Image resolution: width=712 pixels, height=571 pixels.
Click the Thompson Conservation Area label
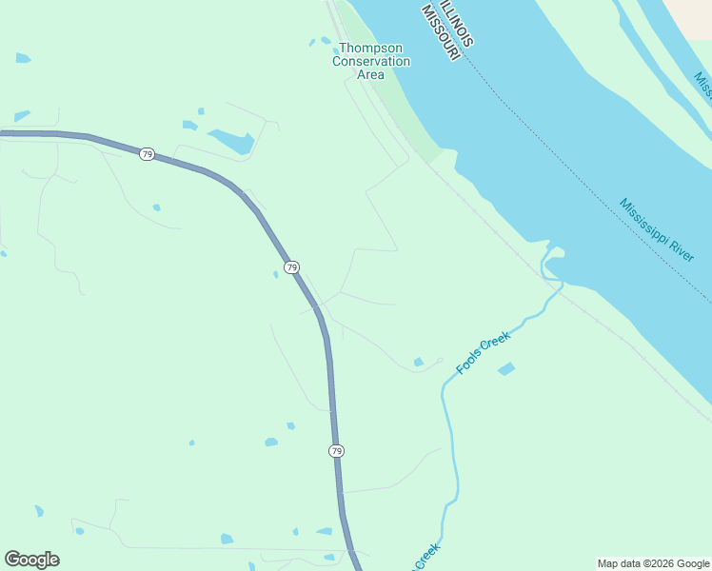tap(371, 61)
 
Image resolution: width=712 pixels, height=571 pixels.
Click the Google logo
tap(31, 559)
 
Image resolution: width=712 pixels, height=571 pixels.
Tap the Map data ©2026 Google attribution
tap(653, 563)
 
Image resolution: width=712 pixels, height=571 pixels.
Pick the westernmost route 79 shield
tap(146, 154)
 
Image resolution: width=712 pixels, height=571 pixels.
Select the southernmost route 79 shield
tap(336, 450)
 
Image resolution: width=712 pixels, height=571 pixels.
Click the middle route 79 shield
tap(291, 266)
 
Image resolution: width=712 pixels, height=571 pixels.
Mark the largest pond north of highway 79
tap(232, 141)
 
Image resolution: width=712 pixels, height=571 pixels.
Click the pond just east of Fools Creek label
tap(506, 368)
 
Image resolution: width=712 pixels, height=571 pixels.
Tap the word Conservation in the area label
tap(371, 61)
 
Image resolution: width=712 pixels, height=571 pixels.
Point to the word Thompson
tap(371, 48)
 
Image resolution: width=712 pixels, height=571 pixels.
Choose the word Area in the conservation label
tap(371, 74)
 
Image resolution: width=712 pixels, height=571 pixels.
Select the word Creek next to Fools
tap(496, 342)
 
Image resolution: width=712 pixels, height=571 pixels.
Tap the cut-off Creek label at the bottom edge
tap(426, 556)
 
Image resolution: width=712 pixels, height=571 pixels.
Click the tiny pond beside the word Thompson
tap(312, 42)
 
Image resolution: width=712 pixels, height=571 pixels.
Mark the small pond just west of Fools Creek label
tap(418, 362)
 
